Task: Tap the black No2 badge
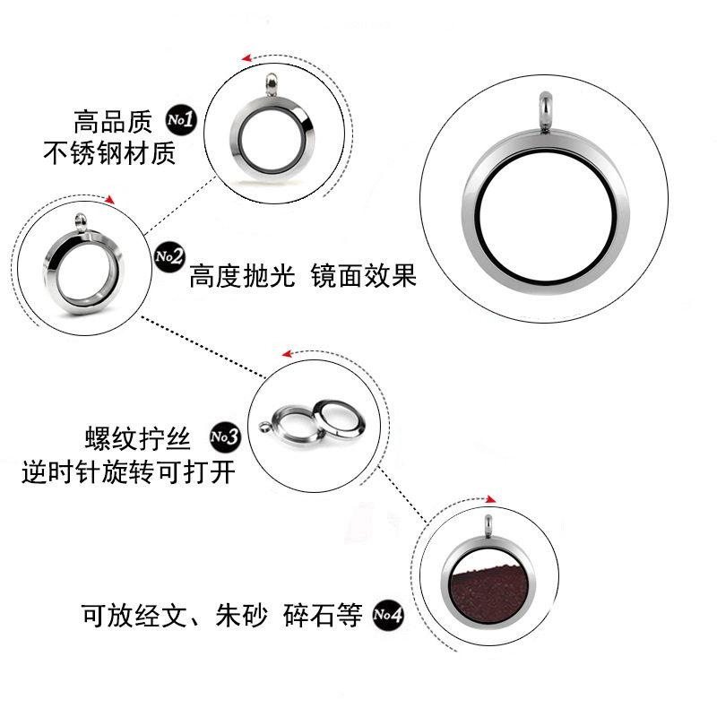point(168,257)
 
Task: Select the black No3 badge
point(224,436)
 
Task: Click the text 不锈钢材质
point(109,154)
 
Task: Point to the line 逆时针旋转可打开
point(129,472)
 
